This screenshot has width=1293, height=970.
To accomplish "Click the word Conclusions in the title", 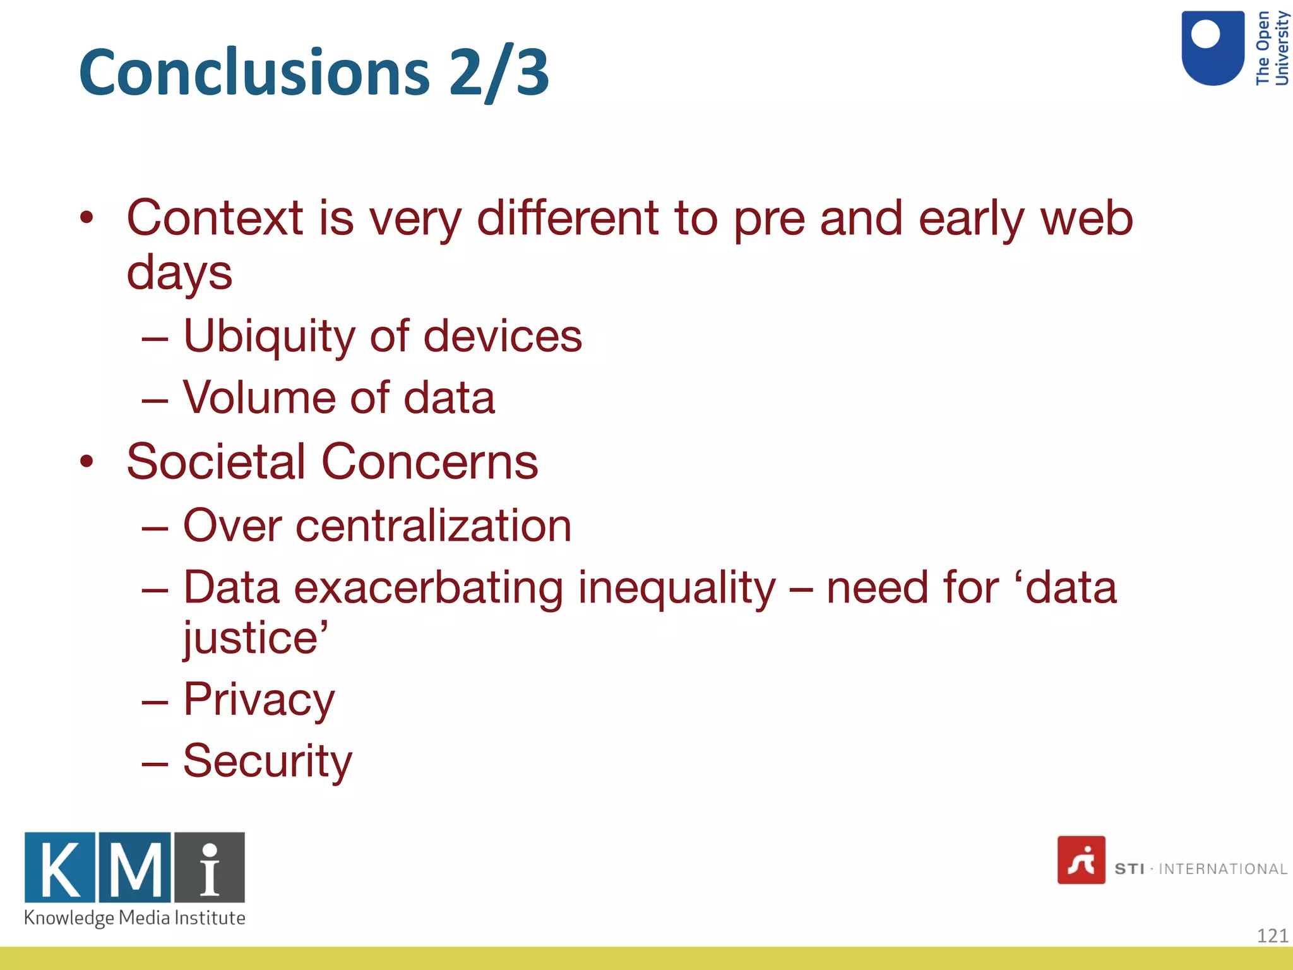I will (x=254, y=73).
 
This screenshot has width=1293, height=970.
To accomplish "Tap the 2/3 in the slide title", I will (x=499, y=73).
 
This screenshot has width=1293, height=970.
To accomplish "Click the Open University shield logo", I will (x=1213, y=48).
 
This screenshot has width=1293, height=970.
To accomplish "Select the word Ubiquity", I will (x=269, y=336).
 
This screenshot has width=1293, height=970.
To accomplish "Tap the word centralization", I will (x=433, y=525).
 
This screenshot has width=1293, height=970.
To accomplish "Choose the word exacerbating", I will (x=428, y=588).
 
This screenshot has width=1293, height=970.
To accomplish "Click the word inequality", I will (x=677, y=588).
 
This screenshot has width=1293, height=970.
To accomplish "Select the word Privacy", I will (x=259, y=700).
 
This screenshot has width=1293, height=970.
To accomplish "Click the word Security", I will (x=267, y=761).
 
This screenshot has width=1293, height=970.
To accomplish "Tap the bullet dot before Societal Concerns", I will (x=86, y=462).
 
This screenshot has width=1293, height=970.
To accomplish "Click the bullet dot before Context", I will (x=86, y=218).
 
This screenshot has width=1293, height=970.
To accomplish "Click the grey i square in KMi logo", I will (x=210, y=868).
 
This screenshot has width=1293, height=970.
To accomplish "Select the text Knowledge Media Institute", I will (x=134, y=918).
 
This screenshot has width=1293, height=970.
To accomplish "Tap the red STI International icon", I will (x=1081, y=860).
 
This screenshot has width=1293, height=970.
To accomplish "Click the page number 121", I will (x=1272, y=935).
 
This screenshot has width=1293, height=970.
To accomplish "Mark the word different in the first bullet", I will (x=567, y=218).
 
